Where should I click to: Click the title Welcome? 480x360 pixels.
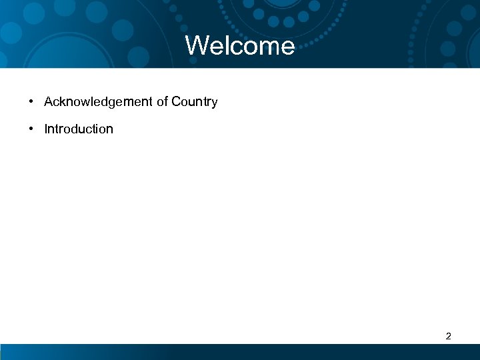240,46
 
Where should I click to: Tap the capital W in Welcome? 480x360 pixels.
197,46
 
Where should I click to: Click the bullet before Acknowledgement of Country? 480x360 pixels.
31,102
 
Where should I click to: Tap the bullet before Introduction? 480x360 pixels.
31,129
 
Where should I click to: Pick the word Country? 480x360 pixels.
194,102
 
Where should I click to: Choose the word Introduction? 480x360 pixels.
79,129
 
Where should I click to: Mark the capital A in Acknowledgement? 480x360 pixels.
49,102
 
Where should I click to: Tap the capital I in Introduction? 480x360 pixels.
46,129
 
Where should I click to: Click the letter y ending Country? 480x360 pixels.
215,103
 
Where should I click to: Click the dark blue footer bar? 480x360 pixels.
240,352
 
